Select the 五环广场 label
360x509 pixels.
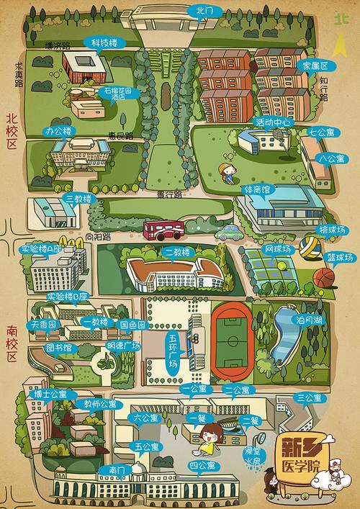(173, 351)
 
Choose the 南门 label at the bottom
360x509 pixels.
(117, 470)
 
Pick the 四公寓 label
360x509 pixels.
(204, 466)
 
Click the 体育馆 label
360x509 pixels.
(257, 189)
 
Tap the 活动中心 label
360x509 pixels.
(273, 122)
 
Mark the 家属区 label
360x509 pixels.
(315, 65)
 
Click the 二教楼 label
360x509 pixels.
(176, 252)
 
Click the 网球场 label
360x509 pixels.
(278, 249)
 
